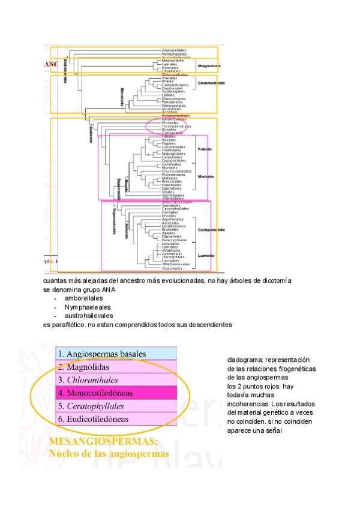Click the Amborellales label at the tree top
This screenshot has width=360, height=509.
click(x=174, y=50)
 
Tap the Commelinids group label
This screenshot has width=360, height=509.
click(x=211, y=83)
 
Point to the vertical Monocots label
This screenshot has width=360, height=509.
click(x=122, y=97)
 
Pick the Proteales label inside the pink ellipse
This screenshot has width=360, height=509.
click(x=170, y=122)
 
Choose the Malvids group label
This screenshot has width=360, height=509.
click(x=205, y=176)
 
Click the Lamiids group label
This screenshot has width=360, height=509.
click(x=206, y=256)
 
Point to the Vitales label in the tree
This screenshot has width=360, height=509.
click(x=168, y=191)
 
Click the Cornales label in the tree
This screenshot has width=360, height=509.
click(x=170, y=212)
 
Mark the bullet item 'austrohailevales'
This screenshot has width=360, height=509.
click(x=88, y=315)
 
